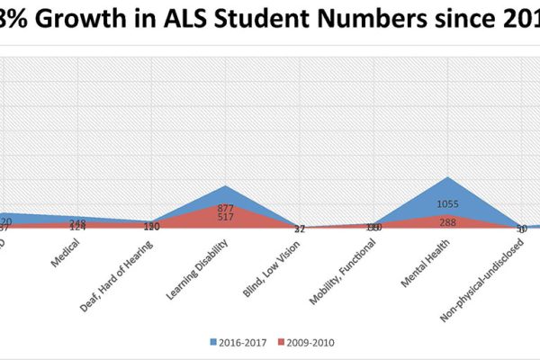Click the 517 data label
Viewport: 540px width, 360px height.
tap(226, 217)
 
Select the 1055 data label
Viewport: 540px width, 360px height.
tap(447, 204)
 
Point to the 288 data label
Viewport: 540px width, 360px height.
tap(447, 221)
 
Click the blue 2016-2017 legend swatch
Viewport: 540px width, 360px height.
tap(216, 342)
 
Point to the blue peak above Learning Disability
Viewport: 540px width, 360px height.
tap(226, 186)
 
